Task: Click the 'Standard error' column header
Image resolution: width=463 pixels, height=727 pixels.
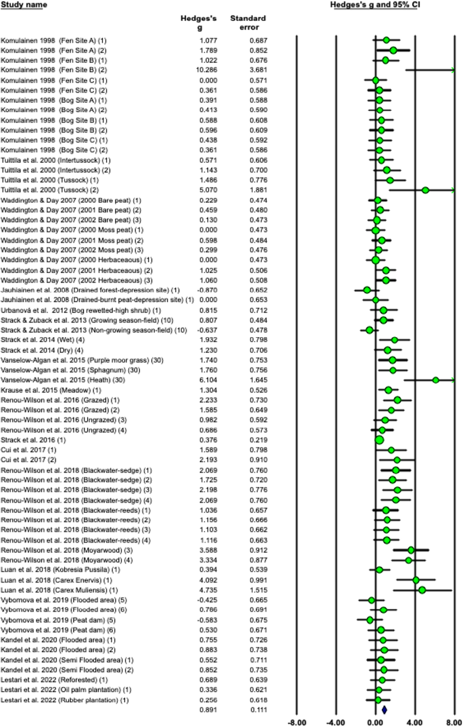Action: [x=248, y=23]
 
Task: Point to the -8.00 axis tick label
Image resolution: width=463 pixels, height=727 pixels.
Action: [x=296, y=721]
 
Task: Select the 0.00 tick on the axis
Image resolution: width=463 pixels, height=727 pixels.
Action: [x=376, y=721]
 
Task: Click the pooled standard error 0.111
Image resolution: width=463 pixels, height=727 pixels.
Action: [x=247, y=709]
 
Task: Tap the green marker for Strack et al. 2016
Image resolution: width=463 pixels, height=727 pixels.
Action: [x=379, y=440]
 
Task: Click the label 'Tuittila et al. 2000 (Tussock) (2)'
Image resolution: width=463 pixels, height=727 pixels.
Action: [x=51, y=190]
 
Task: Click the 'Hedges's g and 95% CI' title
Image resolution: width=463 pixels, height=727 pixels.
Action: [x=383, y=5]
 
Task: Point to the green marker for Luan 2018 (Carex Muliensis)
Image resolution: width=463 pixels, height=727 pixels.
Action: [x=422, y=589]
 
